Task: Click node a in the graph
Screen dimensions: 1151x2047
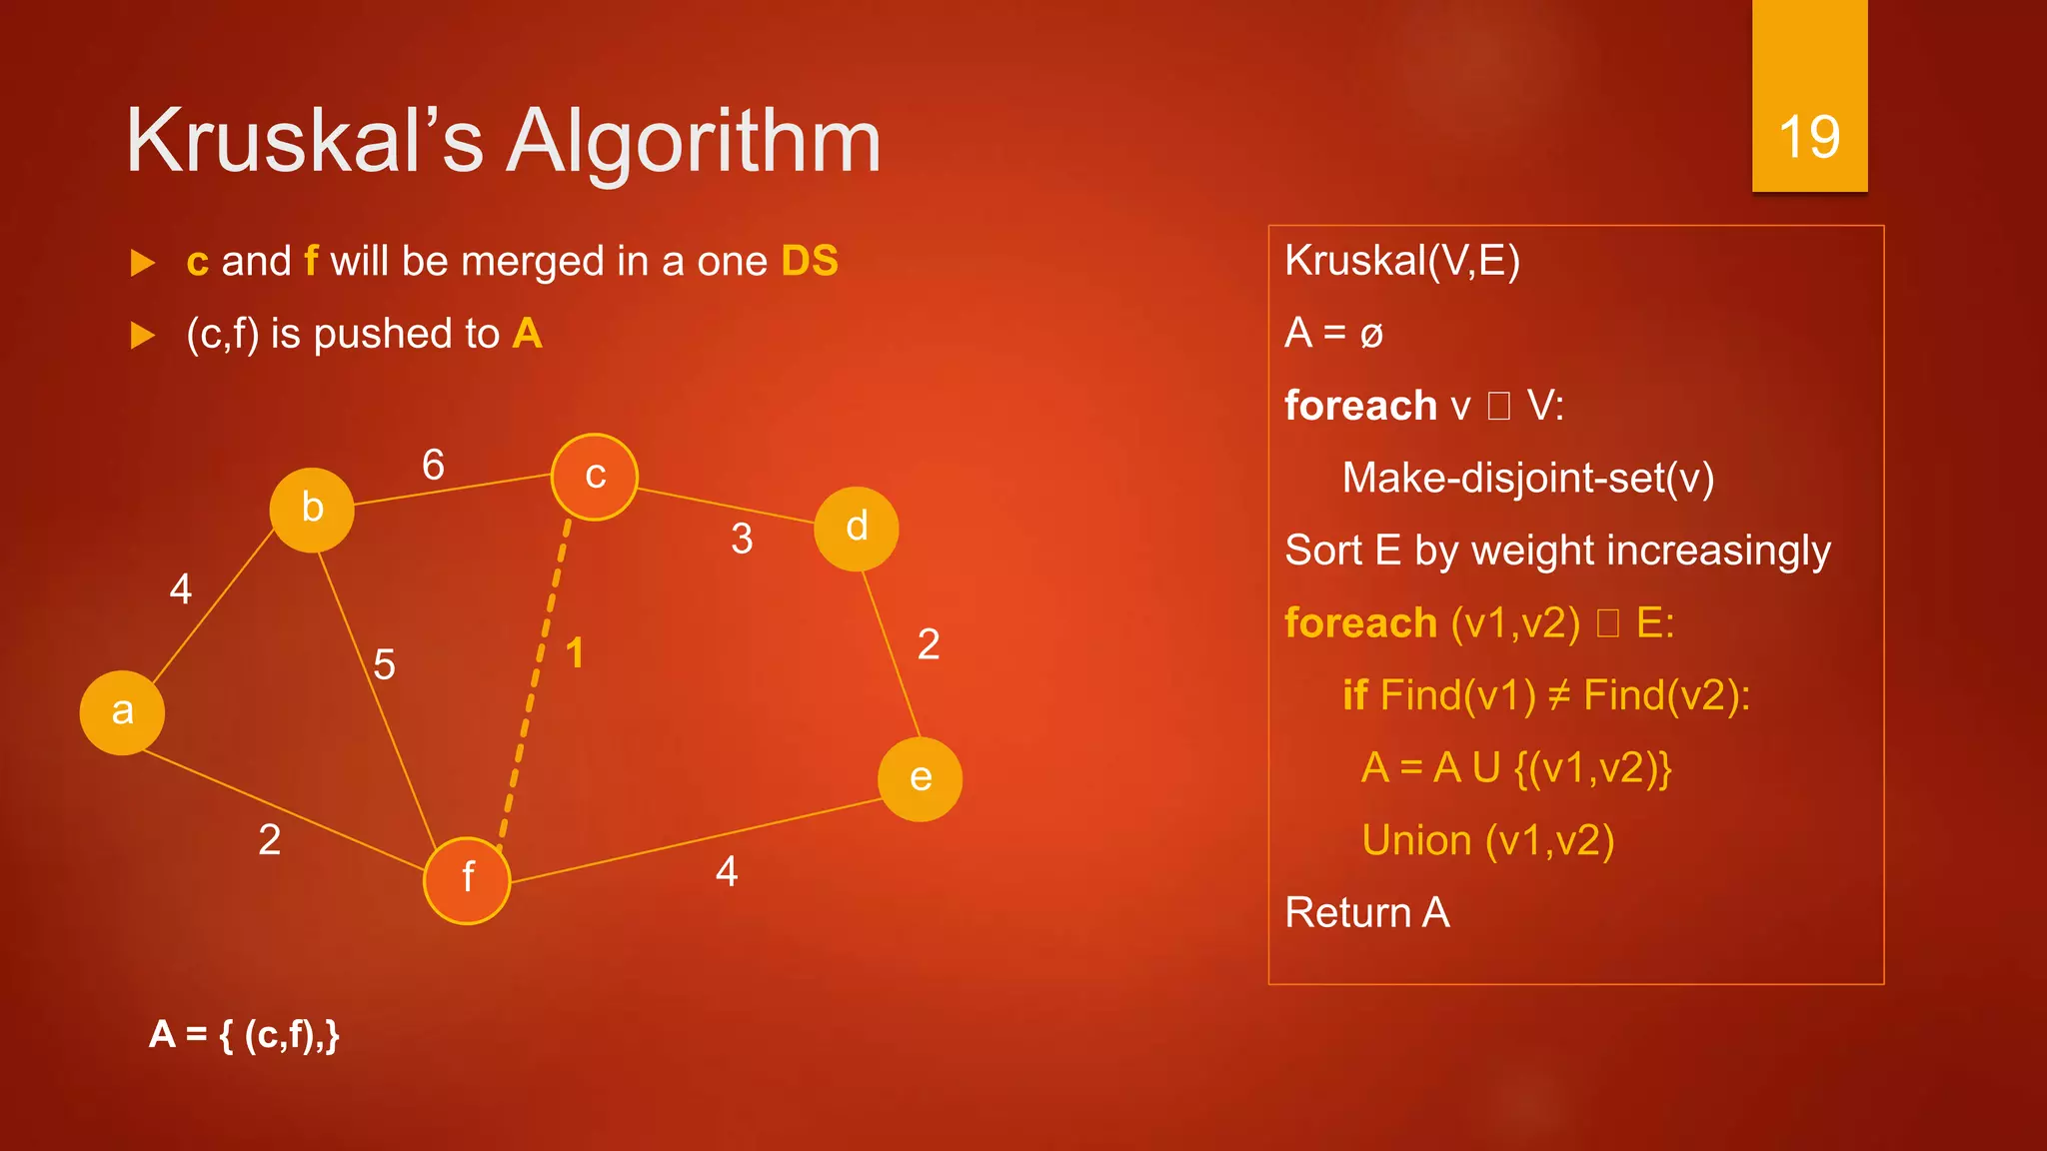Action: pyautogui.click(x=122, y=712)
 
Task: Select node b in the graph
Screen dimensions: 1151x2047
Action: pyautogui.click(x=312, y=510)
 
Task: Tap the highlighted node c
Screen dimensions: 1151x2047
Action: pyautogui.click(x=595, y=477)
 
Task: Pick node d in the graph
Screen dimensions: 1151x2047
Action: pyautogui.click(x=856, y=529)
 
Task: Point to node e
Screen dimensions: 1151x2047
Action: pyautogui.click(x=920, y=779)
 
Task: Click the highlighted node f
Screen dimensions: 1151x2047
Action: pyautogui.click(x=467, y=880)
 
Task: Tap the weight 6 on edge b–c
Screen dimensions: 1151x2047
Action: pyautogui.click(x=433, y=465)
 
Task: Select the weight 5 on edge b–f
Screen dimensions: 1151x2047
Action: pyautogui.click(x=384, y=664)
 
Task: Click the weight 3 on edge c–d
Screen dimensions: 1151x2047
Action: pyautogui.click(x=742, y=540)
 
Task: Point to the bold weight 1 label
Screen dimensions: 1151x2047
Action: pyautogui.click(x=575, y=653)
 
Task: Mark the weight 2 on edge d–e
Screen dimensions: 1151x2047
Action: pyautogui.click(x=928, y=644)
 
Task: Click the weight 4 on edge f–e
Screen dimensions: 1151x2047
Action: pyautogui.click(x=727, y=871)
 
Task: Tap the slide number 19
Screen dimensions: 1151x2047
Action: pyautogui.click(x=1809, y=137)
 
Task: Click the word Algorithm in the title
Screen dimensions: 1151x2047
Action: pyautogui.click(x=694, y=142)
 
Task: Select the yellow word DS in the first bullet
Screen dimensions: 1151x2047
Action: pyautogui.click(x=810, y=262)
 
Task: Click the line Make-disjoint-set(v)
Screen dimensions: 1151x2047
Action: pyautogui.click(x=1527, y=479)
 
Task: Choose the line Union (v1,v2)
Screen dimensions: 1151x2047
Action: pyautogui.click(x=1487, y=840)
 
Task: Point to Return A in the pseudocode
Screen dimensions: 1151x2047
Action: pyautogui.click(x=1366, y=912)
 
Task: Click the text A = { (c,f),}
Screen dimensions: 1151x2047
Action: pyautogui.click(x=244, y=1034)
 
